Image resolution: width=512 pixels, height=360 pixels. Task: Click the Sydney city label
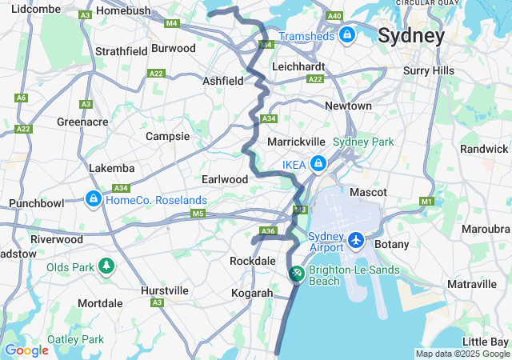pos(410,36)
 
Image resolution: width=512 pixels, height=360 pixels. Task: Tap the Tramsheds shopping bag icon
pos(347,35)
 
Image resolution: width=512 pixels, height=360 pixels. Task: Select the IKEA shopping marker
pos(318,164)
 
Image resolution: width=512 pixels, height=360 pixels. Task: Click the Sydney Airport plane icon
pos(356,240)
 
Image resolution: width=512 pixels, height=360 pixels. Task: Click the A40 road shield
pos(334,16)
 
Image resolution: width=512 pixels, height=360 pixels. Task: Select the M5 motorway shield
pos(198,214)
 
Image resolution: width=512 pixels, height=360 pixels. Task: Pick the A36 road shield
pos(268,231)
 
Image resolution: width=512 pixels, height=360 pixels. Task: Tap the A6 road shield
pos(21,98)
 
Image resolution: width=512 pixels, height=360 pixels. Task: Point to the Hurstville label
pos(164,290)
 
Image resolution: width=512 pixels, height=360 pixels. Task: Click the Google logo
pos(26,350)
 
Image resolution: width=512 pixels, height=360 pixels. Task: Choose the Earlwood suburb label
pos(225,179)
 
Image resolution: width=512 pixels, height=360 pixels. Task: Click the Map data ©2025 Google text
pos(462,354)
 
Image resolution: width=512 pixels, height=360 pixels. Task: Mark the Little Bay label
pos(486,342)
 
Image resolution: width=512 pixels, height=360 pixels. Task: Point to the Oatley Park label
pos(75,339)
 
